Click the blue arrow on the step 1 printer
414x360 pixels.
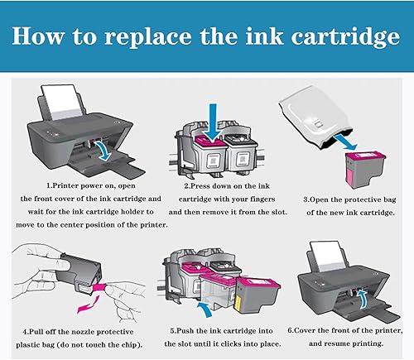pos(103,148)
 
